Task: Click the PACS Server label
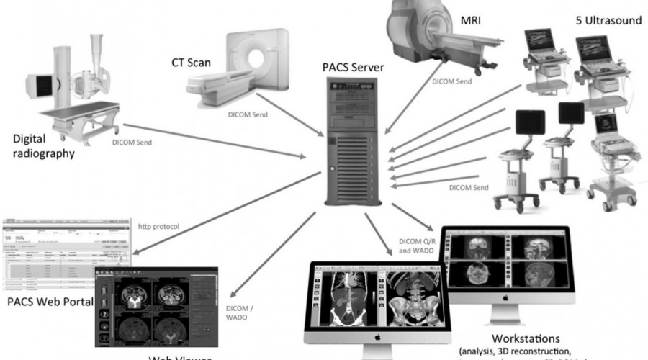pos(353,68)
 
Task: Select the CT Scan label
pos(191,63)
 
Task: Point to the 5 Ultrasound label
pos(601,21)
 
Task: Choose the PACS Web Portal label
pos(49,300)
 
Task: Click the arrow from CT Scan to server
pos(288,117)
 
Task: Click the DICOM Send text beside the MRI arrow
pos(452,82)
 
